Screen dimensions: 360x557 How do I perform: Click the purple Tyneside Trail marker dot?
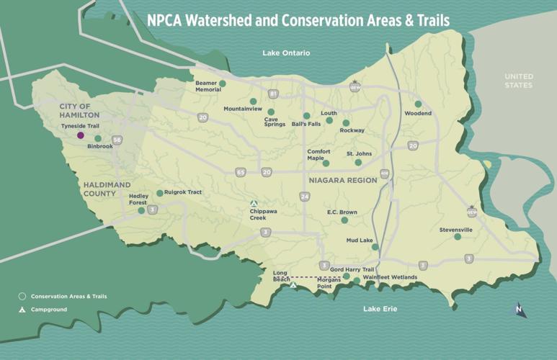(x=81, y=135)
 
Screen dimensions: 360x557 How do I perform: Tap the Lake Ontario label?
(x=286, y=53)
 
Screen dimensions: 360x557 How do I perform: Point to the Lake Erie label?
(x=380, y=309)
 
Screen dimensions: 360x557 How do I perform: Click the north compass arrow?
(x=519, y=310)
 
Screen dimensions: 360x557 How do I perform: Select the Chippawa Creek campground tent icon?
(x=253, y=204)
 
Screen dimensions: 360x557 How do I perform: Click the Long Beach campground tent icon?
(x=293, y=285)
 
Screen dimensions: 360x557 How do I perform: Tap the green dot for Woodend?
(x=418, y=104)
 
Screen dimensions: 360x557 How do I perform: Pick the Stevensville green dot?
(x=457, y=237)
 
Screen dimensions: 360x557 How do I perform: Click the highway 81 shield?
(x=273, y=94)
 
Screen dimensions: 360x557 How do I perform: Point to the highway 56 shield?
(x=117, y=140)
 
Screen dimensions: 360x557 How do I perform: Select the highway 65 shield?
(x=240, y=172)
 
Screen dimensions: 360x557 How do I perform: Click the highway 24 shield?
(x=306, y=197)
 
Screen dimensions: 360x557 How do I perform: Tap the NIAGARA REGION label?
(x=342, y=181)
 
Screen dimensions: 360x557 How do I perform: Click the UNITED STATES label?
(x=518, y=81)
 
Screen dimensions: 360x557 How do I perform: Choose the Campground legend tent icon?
(x=22, y=310)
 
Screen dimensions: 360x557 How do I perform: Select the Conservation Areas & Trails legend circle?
(x=22, y=296)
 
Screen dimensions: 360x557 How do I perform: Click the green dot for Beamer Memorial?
(x=223, y=84)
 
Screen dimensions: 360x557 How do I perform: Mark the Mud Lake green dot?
(x=375, y=247)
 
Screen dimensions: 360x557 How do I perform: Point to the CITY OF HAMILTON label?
(x=79, y=111)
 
